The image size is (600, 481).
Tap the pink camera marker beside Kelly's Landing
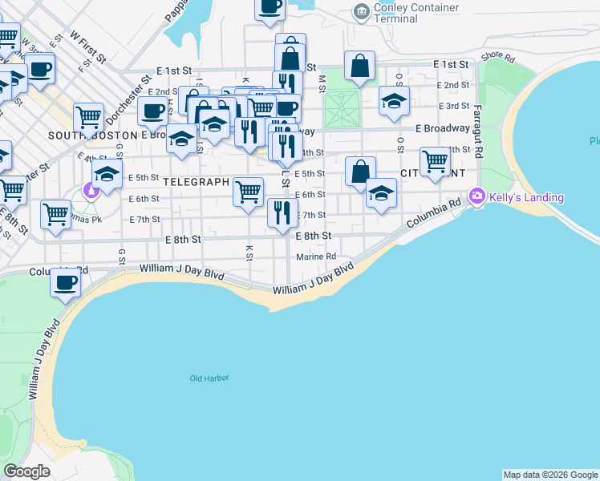click(x=478, y=196)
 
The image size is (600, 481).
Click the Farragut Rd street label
click(x=476, y=131)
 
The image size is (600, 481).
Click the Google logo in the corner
click(x=26, y=471)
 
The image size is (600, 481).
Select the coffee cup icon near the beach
click(x=65, y=282)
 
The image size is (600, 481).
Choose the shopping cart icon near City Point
click(x=435, y=161)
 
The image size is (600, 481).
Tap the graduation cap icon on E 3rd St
click(x=393, y=101)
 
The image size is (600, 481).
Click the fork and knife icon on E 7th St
click(x=282, y=213)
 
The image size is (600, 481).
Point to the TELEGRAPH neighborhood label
click(x=197, y=182)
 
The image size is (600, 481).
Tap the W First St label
click(x=88, y=47)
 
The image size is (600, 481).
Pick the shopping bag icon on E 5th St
click(x=360, y=170)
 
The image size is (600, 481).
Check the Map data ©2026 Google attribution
click(x=550, y=475)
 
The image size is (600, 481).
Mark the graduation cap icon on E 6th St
click(x=381, y=193)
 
